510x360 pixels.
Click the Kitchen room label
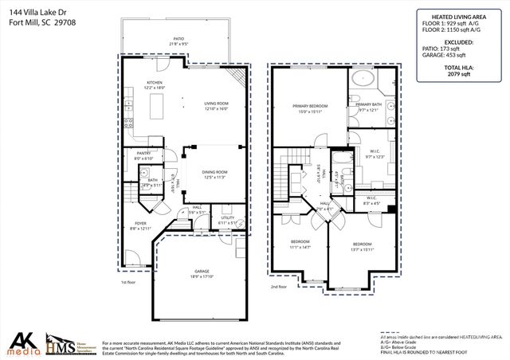click(154, 83)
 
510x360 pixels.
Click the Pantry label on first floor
click(143, 153)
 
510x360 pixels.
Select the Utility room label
click(227, 218)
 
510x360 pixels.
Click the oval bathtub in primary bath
click(363, 79)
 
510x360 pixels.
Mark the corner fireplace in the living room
click(237, 77)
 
